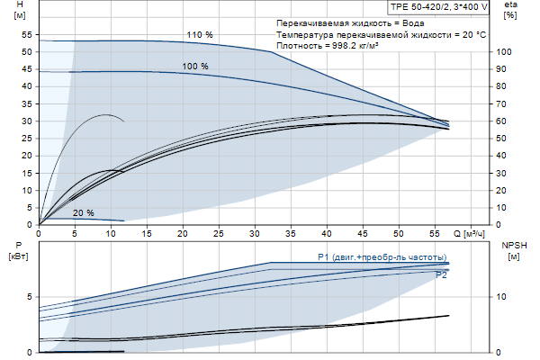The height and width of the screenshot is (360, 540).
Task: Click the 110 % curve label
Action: click(x=199, y=35)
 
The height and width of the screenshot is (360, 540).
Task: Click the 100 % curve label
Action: click(x=194, y=67)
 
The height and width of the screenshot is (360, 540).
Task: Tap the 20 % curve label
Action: click(x=83, y=212)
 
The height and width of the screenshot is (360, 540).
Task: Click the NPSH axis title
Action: click(x=512, y=245)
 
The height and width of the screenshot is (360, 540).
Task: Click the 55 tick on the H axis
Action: click(x=27, y=34)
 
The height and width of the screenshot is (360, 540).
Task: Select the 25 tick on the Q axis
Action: click(x=220, y=234)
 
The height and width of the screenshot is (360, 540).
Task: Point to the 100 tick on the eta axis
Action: click(x=505, y=52)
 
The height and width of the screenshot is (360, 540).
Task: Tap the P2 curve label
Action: click(x=441, y=275)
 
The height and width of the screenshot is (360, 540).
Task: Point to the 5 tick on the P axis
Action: click(x=31, y=296)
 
